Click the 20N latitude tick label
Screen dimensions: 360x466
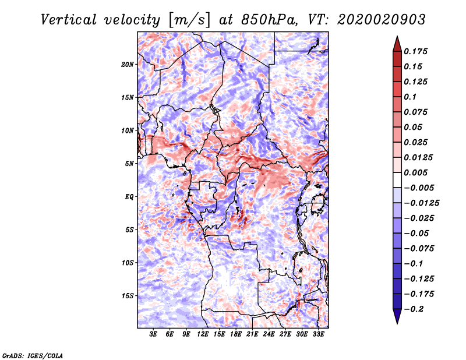[128, 64]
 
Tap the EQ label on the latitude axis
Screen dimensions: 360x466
[129, 196]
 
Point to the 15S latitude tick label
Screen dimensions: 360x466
[128, 295]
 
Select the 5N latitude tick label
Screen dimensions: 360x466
[129, 163]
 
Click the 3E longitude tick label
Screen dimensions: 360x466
[154, 334]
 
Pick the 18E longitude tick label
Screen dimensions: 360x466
[236, 334]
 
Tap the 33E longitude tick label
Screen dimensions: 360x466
[319, 334]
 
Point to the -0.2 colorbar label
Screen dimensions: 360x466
[415, 309]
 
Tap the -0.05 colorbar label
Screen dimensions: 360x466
[416, 233]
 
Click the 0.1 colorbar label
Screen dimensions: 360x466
[412, 97]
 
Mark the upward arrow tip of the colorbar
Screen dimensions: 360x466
[397, 38]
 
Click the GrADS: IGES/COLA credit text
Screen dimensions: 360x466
[33, 355]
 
